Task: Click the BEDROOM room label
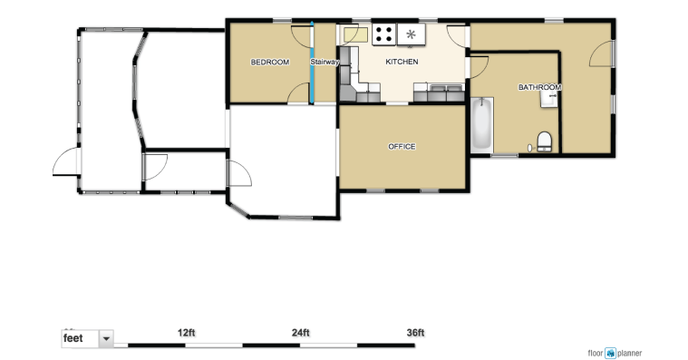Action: pos(270,63)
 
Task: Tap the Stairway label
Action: pos(325,62)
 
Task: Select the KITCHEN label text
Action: pos(402,62)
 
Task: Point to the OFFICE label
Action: pos(402,147)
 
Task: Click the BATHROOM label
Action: pos(539,87)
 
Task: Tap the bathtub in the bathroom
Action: pos(481,124)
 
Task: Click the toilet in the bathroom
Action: pos(545,141)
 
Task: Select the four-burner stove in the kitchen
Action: pos(384,34)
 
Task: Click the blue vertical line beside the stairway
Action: pos(312,63)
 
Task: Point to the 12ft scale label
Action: pos(187,333)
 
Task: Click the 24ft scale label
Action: pos(301,333)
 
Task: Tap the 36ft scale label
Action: pos(415,333)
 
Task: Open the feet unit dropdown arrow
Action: pos(106,339)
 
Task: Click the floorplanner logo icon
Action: pos(610,353)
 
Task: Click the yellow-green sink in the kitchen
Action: pos(356,35)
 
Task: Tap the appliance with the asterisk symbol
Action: pos(412,34)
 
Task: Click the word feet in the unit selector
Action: pos(73,338)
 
